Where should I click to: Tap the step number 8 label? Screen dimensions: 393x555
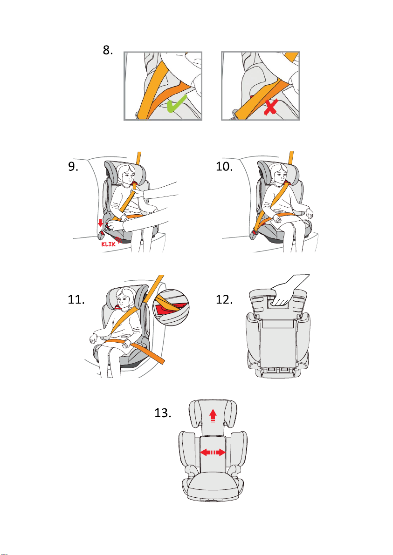point(108,51)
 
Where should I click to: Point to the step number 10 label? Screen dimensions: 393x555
point(227,168)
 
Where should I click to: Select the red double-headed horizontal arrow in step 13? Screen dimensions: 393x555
point(213,452)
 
